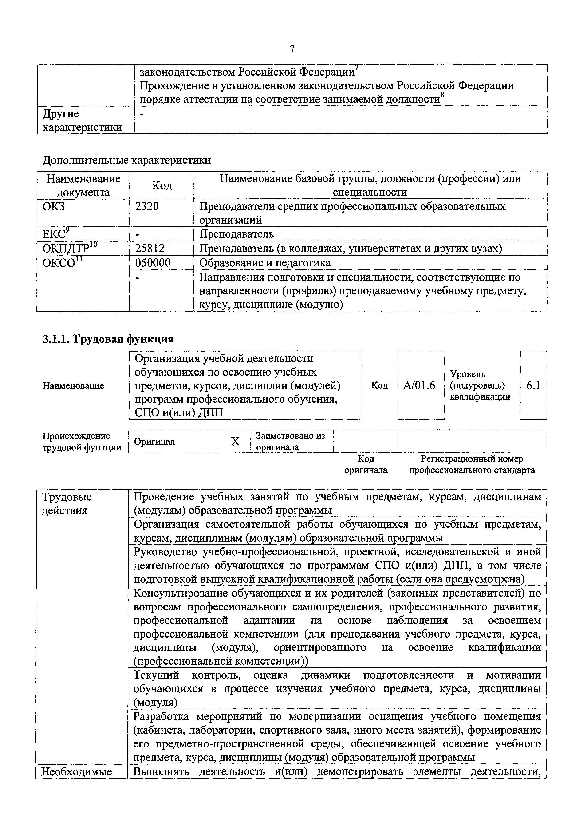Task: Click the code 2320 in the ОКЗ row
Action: point(147,206)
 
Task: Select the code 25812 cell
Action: point(150,249)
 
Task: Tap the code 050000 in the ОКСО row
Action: point(153,263)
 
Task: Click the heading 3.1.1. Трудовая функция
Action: point(108,339)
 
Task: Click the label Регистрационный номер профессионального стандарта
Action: point(472,464)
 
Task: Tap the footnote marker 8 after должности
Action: point(442,95)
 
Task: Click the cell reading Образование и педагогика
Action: point(265,263)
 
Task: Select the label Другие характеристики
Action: point(82,120)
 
